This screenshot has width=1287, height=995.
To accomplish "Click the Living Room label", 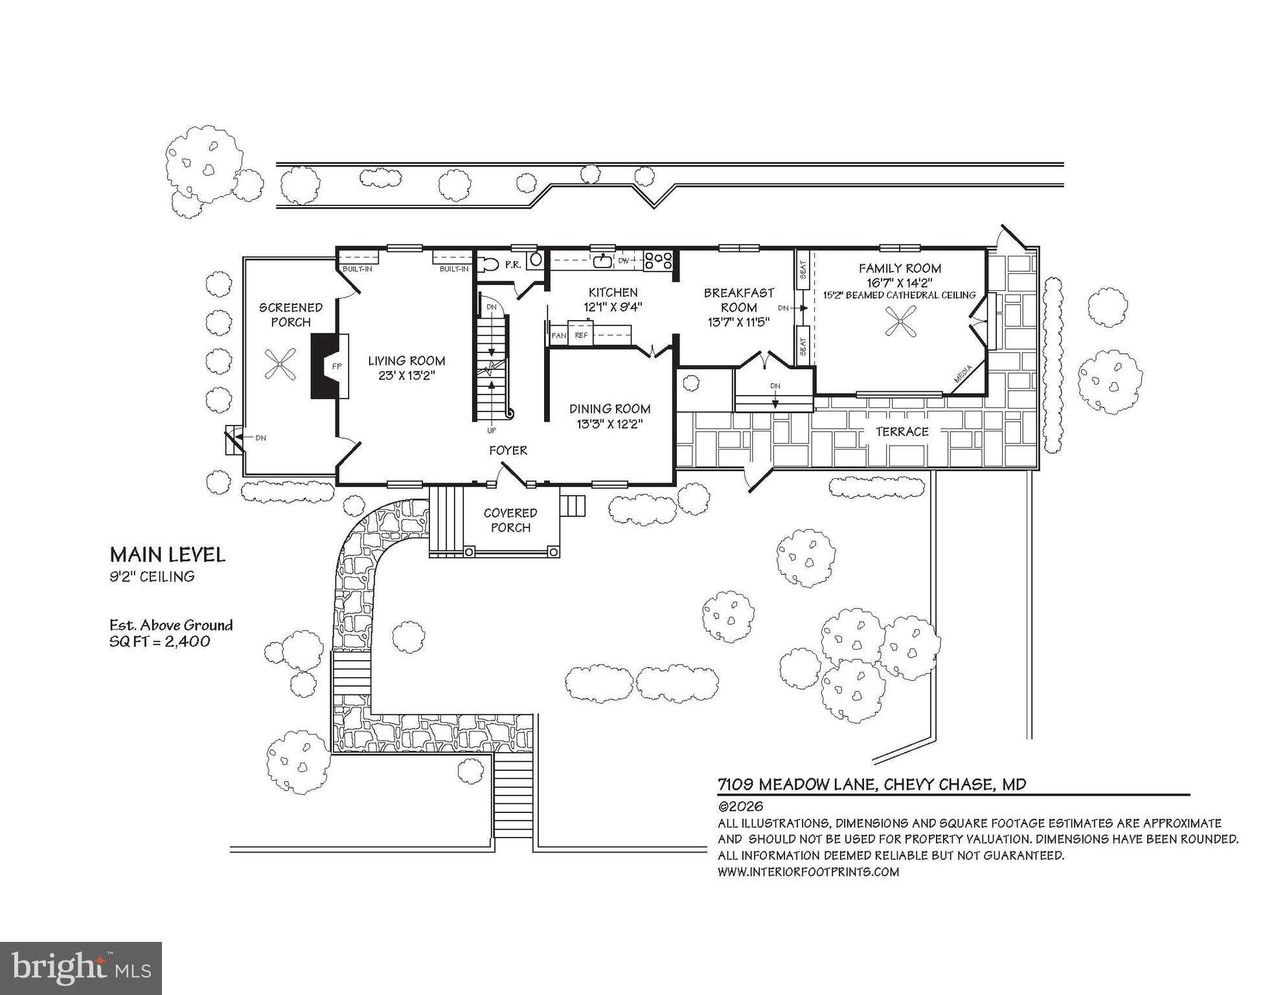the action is (407, 361).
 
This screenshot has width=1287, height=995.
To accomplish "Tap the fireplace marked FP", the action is (330, 366).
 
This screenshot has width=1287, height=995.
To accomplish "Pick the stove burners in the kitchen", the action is (658, 260).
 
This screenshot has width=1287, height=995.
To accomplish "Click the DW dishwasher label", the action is (624, 261).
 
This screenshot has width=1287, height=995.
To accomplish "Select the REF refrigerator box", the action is (581, 335).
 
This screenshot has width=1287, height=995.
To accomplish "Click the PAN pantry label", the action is (558, 336).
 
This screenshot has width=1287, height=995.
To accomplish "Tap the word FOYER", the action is (508, 450).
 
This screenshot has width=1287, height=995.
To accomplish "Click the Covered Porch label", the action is (510, 520).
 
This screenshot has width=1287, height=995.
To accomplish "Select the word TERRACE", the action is (902, 431).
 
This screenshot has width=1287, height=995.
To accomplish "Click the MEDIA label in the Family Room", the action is (964, 374).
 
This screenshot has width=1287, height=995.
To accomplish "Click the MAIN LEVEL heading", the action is (168, 555).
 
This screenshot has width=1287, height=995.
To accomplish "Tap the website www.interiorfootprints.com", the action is (808, 872).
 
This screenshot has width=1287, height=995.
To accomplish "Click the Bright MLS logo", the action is (81, 968).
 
